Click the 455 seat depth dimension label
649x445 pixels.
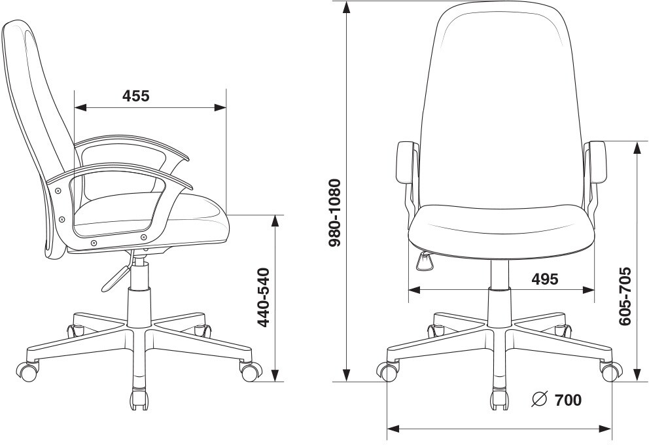(136, 96)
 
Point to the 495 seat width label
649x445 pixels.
(545, 279)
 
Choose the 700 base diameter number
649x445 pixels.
(568, 400)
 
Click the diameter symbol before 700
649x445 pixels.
(540, 399)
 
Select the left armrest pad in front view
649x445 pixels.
(406, 162)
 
